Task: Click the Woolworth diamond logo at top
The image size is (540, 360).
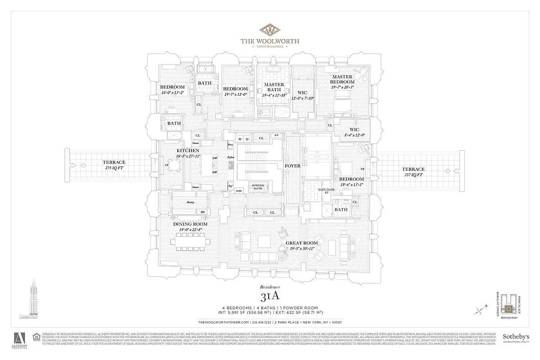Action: (x=270, y=30)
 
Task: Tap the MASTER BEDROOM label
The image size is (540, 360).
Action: (x=342, y=79)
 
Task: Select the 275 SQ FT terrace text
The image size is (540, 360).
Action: (x=114, y=165)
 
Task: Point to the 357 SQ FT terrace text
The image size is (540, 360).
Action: (x=413, y=171)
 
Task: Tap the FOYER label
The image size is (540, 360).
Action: (x=292, y=166)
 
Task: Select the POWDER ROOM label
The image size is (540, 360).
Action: (x=257, y=186)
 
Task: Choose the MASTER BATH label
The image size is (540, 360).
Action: (x=274, y=87)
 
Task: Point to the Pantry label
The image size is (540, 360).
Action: (x=190, y=202)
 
